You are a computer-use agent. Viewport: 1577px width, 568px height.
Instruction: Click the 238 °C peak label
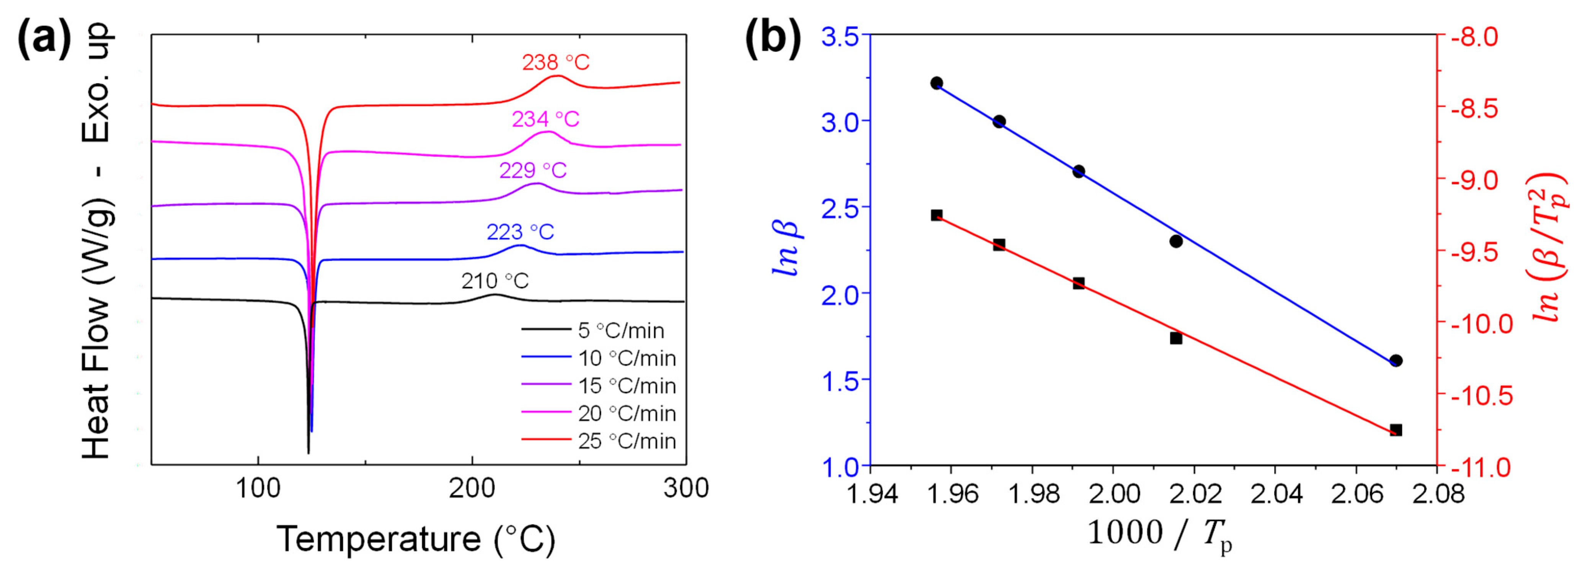[555, 62]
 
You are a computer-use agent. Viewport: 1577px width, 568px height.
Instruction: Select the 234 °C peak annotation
[545, 119]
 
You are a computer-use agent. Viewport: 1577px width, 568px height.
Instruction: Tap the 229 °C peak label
[532, 170]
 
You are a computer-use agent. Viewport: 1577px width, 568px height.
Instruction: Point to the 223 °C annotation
[520, 232]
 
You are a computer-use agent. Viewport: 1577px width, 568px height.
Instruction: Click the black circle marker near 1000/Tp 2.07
[1396, 361]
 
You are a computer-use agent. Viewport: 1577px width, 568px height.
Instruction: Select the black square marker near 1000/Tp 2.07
[1396, 430]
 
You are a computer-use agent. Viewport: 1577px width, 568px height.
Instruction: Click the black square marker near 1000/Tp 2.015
[1176, 338]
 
